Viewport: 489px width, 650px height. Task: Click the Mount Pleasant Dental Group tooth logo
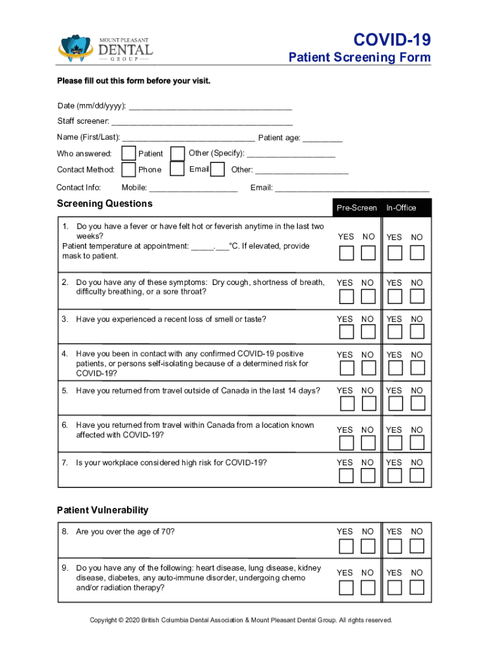tap(76, 48)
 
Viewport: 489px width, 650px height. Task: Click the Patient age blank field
tap(322, 138)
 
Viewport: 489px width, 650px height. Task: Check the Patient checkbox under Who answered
tap(128, 154)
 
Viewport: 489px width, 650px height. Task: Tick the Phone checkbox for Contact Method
tap(128, 169)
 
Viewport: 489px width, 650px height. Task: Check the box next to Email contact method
tap(217, 169)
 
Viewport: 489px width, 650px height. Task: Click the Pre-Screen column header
tap(356, 208)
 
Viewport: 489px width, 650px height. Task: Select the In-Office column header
tap(401, 208)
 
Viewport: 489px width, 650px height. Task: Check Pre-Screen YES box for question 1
tap(346, 253)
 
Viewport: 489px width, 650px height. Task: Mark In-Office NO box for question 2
tap(417, 296)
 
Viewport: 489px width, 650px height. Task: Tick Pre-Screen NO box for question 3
tap(368, 332)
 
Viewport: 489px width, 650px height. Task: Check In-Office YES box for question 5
tap(394, 404)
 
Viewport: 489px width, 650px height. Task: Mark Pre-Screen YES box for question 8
tap(346, 546)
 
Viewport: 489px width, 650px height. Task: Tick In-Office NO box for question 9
tap(417, 588)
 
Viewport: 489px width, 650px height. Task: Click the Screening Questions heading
tap(105, 204)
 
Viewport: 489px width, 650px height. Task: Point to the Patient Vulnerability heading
tap(102, 510)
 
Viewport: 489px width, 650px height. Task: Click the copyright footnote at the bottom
tap(241, 620)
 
